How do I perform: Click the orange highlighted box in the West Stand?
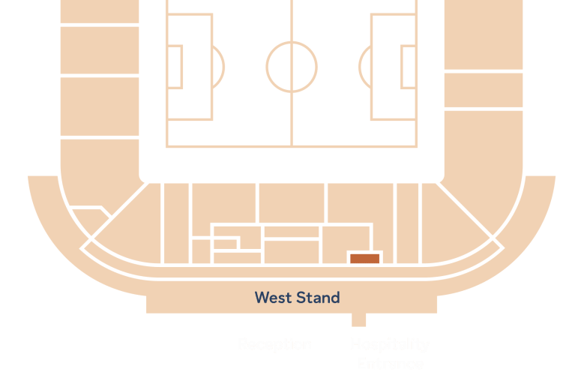pos(365,258)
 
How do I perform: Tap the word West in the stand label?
pos(273,298)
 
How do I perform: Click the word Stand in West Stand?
pos(318,298)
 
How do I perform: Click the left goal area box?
pos(175,67)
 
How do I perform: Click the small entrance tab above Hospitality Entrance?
pos(359,320)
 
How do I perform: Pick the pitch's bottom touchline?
pos(292,146)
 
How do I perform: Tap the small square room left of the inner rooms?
pos(201,250)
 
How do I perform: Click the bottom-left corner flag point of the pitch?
pos(167,146)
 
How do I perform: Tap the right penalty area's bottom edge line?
pos(394,120)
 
